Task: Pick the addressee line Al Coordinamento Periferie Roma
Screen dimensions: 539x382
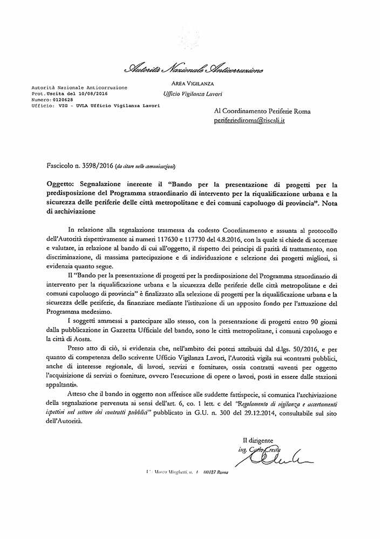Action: pos(262,112)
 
